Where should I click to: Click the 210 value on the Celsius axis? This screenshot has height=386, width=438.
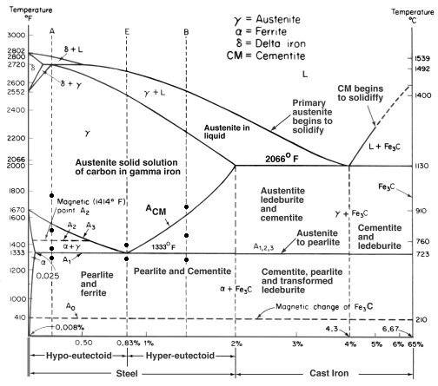point(422,318)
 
